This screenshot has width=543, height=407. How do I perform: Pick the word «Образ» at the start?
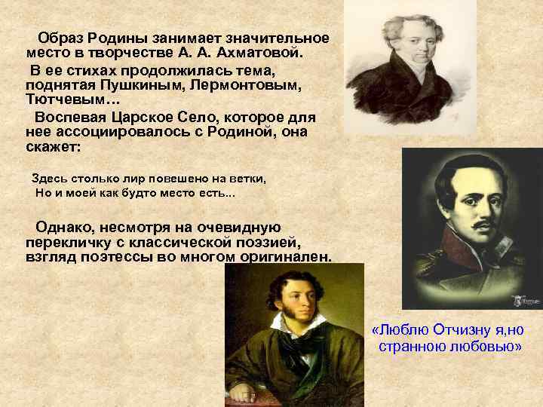[64, 38]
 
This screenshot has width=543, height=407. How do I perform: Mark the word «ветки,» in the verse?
[250, 179]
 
